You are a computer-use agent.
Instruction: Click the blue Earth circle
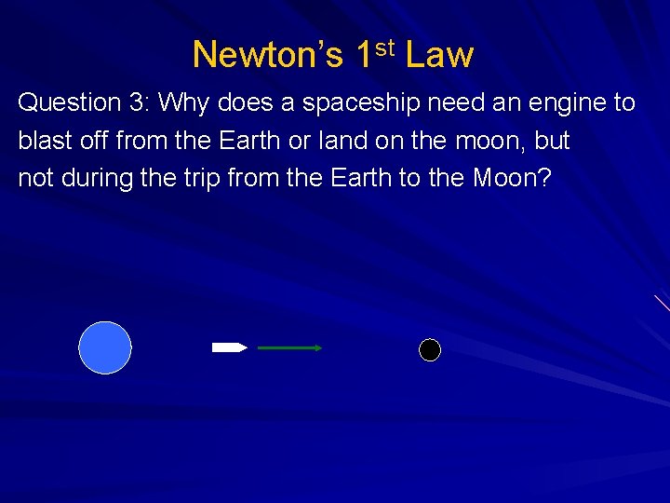[x=105, y=347]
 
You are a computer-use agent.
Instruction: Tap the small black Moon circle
[x=429, y=350]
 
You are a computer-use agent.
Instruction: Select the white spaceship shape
[x=229, y=347]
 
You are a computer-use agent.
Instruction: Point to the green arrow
[x=289, y=347]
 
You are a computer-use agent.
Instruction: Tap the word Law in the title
[x=439, y=56]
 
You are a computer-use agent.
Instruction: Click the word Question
[x=70, y=103]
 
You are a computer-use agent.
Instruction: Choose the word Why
[x=184, y=103]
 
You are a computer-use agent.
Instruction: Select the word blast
[x=43, y=141]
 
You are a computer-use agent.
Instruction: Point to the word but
[x=552, y=141]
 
